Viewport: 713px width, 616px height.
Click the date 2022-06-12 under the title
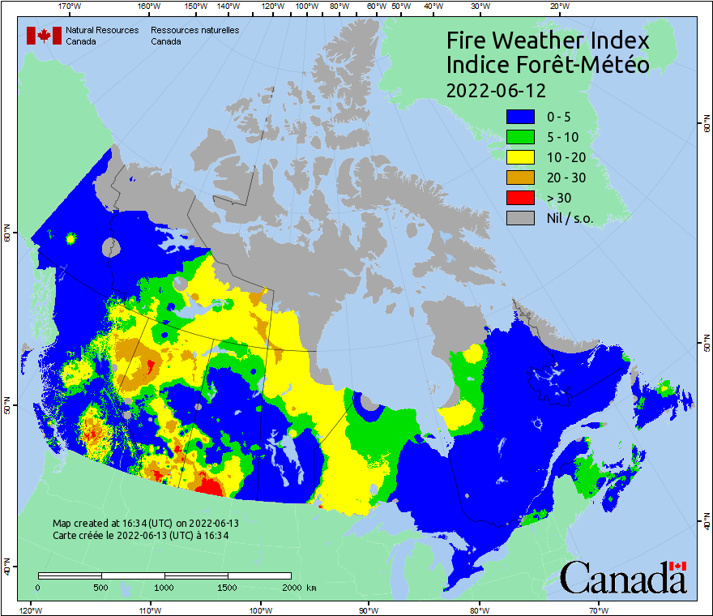click(x=496, y=89)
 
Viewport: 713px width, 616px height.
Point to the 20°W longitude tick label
click(x=557, y=6)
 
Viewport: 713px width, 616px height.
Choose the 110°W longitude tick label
click(x=149, y=610)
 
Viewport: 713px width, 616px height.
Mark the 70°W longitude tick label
click(x=598, y=610)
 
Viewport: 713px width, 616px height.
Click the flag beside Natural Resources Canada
click(x=44, y=36)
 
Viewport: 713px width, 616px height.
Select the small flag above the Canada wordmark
click(x=678, y=566)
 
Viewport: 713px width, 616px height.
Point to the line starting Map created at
click(x=146, y=524)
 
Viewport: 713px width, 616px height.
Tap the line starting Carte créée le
click(x=140, y=535)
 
